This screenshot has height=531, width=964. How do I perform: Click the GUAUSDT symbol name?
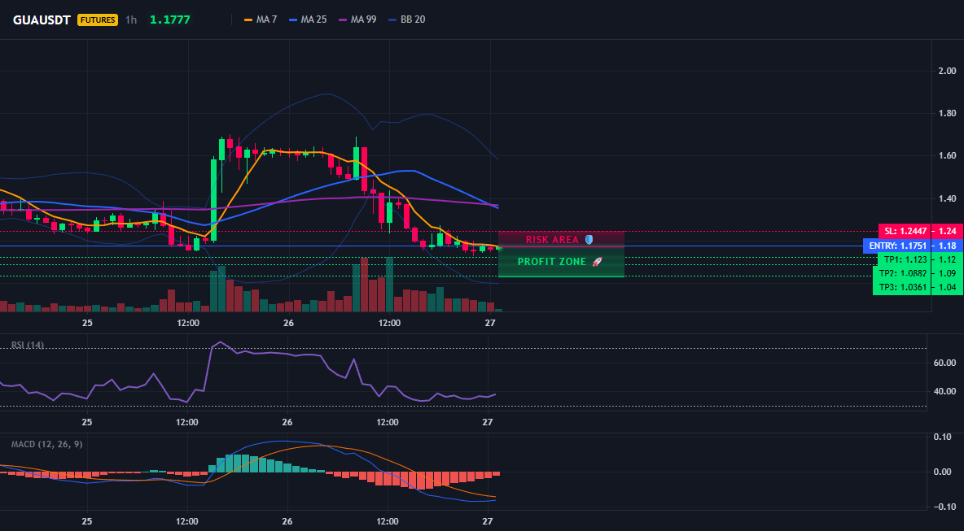click(x=42, y=20)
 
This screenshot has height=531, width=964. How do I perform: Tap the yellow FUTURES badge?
click(x=97, y=20)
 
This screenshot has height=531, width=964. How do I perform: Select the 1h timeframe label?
click(x=131, y=20)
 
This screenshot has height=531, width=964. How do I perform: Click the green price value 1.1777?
click(x=170, y=20)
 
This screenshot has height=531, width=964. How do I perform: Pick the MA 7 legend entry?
click(x=261, y=20)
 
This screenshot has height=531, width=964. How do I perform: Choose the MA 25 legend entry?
click(x=307, y=20)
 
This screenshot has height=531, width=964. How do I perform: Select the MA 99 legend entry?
click(x=357, y=20)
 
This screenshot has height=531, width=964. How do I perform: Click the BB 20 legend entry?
click(x=407, y=20)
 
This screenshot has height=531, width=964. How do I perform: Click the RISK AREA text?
click(x=553, y=239)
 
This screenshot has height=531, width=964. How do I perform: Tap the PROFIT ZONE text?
click(x=552, y=262)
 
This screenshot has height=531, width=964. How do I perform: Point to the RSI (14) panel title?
click(x=28, y=345)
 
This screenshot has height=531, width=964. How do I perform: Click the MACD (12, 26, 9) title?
click(x=46, y=444)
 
